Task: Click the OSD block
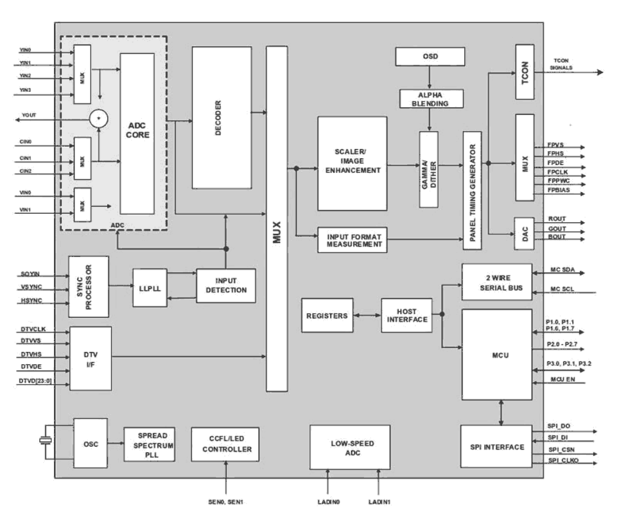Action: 430,57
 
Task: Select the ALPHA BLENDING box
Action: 430,99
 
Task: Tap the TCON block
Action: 525,72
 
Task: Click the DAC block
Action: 524,230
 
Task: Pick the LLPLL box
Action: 149,288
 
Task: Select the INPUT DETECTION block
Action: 226,286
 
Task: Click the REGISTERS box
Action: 327,316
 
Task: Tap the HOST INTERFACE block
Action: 407,316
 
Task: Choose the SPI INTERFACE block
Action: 497,447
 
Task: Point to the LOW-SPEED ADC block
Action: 350,447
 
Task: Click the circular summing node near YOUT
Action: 99,119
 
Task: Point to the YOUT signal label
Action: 29,115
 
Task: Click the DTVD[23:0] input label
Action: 35,380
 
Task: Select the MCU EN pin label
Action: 562,379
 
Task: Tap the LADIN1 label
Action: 379,502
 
